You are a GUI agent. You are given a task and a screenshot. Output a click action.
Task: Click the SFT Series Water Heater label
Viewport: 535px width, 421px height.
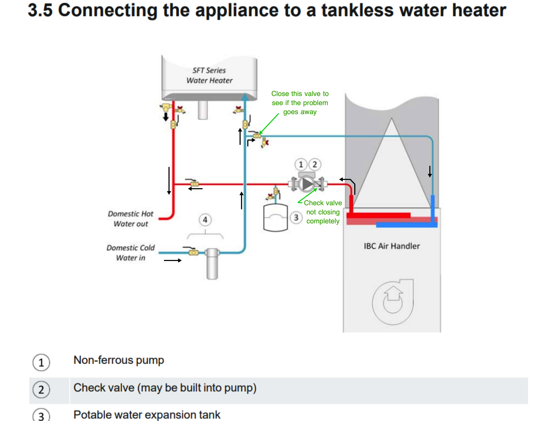point(209,75)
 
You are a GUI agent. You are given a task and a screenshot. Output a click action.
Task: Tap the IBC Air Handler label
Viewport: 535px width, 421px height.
point(392,246)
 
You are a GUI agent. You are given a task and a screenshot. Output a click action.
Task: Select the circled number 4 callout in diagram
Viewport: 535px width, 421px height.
point(205,220)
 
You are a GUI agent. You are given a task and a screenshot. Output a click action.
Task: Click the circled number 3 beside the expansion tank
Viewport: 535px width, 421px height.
point(296,218)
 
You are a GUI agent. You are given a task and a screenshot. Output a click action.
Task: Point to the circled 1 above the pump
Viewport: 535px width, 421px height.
point(301,165)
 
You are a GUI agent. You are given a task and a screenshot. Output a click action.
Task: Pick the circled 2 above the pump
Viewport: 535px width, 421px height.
point(315,165)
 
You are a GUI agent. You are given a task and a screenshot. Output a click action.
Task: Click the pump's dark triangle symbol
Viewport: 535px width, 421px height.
point(307,184)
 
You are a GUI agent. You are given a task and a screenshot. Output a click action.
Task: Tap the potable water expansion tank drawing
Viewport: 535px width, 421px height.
point(275,217)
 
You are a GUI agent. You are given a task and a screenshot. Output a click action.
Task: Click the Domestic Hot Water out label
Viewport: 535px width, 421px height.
point(130,219)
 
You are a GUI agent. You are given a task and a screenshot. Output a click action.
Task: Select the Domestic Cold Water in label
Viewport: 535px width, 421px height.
point(130,252)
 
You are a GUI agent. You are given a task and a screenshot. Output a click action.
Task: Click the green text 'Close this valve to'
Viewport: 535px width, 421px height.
point(300,94)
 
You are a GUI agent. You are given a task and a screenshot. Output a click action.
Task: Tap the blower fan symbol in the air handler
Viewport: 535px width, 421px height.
point(393,302)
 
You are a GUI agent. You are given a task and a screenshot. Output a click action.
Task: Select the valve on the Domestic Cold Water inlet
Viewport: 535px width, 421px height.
point(194,252)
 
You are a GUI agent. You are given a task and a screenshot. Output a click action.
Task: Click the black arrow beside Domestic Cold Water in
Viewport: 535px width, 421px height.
point(172,260)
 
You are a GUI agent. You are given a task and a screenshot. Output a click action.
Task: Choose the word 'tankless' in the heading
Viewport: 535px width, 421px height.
point(357,11)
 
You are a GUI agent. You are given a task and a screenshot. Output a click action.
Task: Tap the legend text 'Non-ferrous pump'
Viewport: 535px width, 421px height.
point(119,360)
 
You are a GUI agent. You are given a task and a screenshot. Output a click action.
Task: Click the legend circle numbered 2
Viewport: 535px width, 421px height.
point(41,390)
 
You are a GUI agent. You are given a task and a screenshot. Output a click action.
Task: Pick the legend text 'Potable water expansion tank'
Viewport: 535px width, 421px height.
point(147,415)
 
